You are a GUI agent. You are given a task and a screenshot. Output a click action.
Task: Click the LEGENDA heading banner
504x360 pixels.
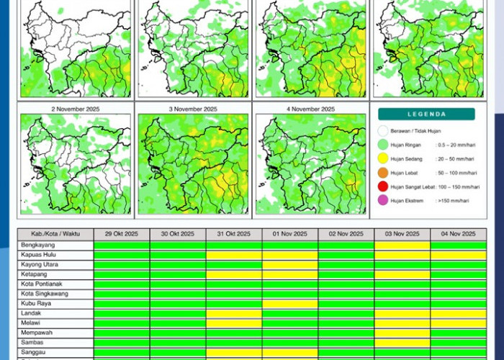pyautogui.click(x=426, y=114)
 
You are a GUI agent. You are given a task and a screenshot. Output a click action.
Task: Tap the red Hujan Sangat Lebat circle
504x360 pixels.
pyautogui.click(x=383, y=186)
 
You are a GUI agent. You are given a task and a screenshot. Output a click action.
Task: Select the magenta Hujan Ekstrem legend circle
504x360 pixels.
pyautogui.click(x=383, y=200)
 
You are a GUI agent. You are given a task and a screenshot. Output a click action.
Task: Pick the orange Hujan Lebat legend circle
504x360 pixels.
pyautogui.click(x=383, y=173)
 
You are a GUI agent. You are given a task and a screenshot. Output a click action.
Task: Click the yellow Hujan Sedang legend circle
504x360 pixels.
pyautogui.click(x=383, y=158)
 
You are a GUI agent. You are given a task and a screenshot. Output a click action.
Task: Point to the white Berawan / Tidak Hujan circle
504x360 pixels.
pyautogui.click(x=383, y=131)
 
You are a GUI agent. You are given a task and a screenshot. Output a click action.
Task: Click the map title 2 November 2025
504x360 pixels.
pyautogui.click(x=76, y=109)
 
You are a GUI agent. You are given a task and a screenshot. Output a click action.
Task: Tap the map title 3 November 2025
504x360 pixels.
pyautogui.click(x=193, y=109)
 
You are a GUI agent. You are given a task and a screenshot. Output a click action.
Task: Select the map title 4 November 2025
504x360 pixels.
pyautogui.click(x=310, y=109)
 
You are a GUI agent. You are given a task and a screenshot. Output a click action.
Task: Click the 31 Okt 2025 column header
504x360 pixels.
pyautogui.click(x=234, y=235)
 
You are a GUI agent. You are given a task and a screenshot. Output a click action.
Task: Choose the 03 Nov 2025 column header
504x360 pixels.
pyautogui.click(x=402, y=235)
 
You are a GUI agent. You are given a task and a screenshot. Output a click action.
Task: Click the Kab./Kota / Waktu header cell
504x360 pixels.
pyautogui.click(x=55, y=235)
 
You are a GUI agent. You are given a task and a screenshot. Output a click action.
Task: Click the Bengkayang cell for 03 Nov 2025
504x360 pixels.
pyautogui.click(x=402, y=246)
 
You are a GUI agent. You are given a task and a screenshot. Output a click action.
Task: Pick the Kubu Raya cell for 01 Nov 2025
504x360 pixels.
pyautogui.click(x=290, y=304)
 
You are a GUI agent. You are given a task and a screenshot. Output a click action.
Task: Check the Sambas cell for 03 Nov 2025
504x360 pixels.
pyautogui.click(x=402, y=343)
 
